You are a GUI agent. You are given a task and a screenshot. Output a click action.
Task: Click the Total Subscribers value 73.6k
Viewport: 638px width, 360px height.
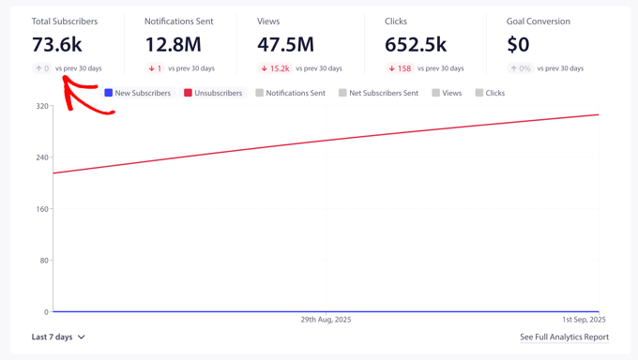[56, 44]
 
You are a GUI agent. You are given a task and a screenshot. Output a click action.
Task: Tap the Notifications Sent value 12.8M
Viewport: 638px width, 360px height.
[173, 44]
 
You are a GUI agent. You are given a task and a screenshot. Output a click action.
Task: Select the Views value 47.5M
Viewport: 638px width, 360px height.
[285, 44]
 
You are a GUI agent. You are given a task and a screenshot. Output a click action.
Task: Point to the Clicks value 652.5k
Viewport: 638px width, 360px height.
[416, 44]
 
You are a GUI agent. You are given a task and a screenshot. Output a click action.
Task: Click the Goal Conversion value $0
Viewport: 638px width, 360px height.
[518, 44]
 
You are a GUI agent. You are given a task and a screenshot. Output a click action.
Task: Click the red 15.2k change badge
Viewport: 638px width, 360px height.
[275, 68]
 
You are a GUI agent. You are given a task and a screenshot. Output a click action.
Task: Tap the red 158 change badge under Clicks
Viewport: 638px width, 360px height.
[400, 68]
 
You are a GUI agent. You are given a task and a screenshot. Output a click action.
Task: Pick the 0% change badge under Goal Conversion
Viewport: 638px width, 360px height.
[521, 68]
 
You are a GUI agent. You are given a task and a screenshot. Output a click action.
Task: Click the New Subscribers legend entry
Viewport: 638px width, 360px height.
[138, 93]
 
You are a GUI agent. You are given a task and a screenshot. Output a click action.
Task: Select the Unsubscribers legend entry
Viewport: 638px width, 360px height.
[213, 93]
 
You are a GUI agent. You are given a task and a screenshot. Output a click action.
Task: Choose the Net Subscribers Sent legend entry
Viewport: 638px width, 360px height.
[378, 93]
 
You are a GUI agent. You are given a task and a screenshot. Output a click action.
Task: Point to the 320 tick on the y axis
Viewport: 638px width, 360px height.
[41, 106]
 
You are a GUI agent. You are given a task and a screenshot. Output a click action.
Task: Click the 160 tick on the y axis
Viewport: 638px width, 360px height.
[41, 209]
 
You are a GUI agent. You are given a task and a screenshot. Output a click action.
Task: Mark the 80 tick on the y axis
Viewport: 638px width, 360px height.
[43, 261]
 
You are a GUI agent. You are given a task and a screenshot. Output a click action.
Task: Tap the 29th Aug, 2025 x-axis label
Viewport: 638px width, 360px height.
[326, 320]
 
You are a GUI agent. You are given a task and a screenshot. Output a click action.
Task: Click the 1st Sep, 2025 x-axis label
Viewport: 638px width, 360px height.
[584, 320]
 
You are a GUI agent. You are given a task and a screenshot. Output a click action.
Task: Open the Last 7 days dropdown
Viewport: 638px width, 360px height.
[58, 337]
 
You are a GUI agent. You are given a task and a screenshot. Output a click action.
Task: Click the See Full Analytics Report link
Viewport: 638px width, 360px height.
[564, 337]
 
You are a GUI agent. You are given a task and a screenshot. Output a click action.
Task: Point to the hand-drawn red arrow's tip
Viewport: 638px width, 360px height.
[64, 78]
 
